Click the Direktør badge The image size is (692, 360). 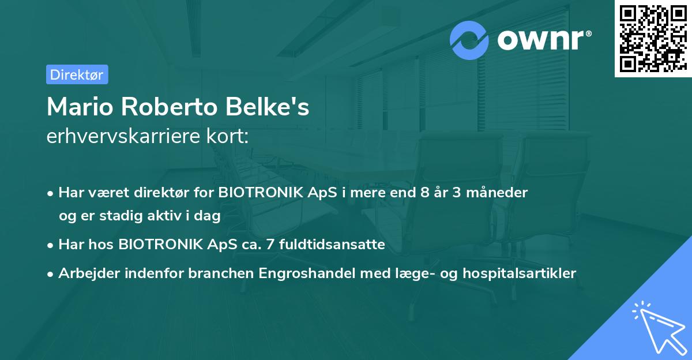[x=77, y=74]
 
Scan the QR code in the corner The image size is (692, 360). [x=653, y=39]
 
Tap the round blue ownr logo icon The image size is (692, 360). [x=469, y=40]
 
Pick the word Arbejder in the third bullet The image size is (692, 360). [x=85, y=273]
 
